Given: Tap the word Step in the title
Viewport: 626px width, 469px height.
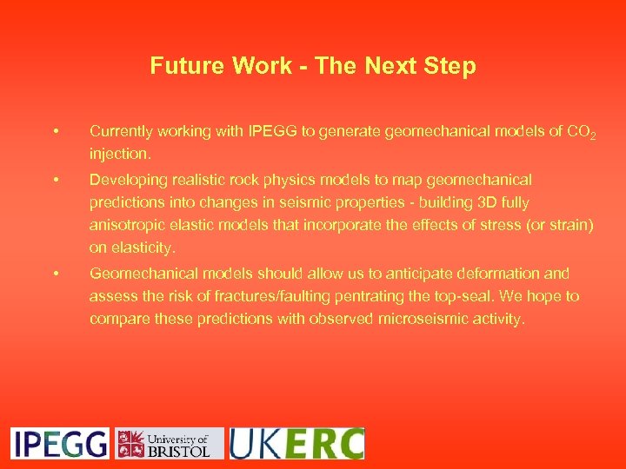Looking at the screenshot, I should coord(451,66).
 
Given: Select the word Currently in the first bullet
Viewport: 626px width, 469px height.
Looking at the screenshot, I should coord(122,132).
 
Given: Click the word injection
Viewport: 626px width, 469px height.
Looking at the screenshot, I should coord(119,155).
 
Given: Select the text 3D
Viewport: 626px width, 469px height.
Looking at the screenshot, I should coord(487,202).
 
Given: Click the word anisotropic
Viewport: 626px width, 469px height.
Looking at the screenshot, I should coord(127,225).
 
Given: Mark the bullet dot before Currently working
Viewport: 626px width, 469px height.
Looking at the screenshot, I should coord(55,132).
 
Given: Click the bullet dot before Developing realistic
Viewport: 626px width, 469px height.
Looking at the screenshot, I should coord(55,180).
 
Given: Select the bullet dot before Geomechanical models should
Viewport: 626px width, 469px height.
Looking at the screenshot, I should coord(55,274).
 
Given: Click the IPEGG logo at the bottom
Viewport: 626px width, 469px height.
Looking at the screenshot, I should coord(60,443).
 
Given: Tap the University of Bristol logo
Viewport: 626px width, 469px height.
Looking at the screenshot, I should coord(170,443).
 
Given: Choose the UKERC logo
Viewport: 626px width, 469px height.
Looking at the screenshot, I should coord(296,443).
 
